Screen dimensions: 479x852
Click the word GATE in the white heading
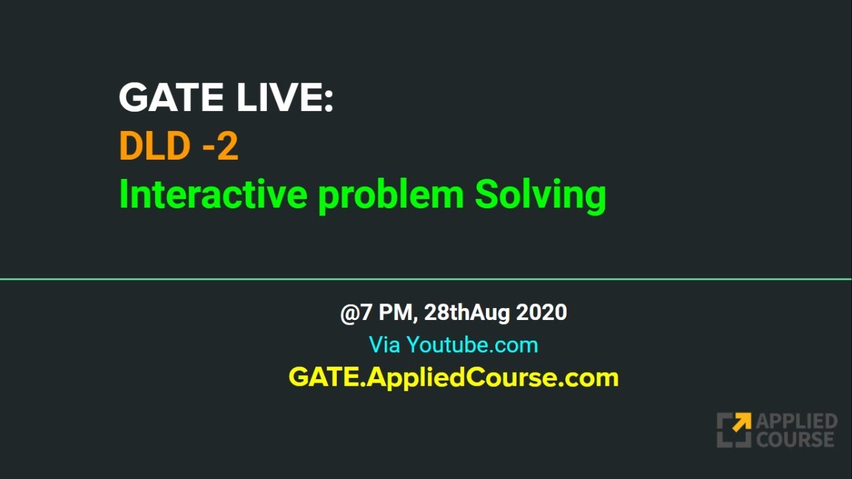click(x=170, y=98)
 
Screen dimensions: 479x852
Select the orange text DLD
click(x=154, y=146)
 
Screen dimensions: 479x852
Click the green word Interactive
click(x=214, y=194)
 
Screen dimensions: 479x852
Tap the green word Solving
click(x=540, y=196)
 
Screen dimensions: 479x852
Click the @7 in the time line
click(x=356, y=312)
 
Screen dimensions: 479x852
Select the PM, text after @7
click(x=399, y=313)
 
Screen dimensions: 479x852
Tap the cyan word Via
click(x=384, y=345)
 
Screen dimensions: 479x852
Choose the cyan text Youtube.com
click(x=472, y=345)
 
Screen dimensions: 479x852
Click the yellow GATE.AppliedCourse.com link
click(x=453, y=377)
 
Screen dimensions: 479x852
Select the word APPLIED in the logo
click(x=796, y=422)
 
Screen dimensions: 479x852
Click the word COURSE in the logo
click(x=795, y=439)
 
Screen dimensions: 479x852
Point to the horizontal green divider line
click(x=426, y=279)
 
